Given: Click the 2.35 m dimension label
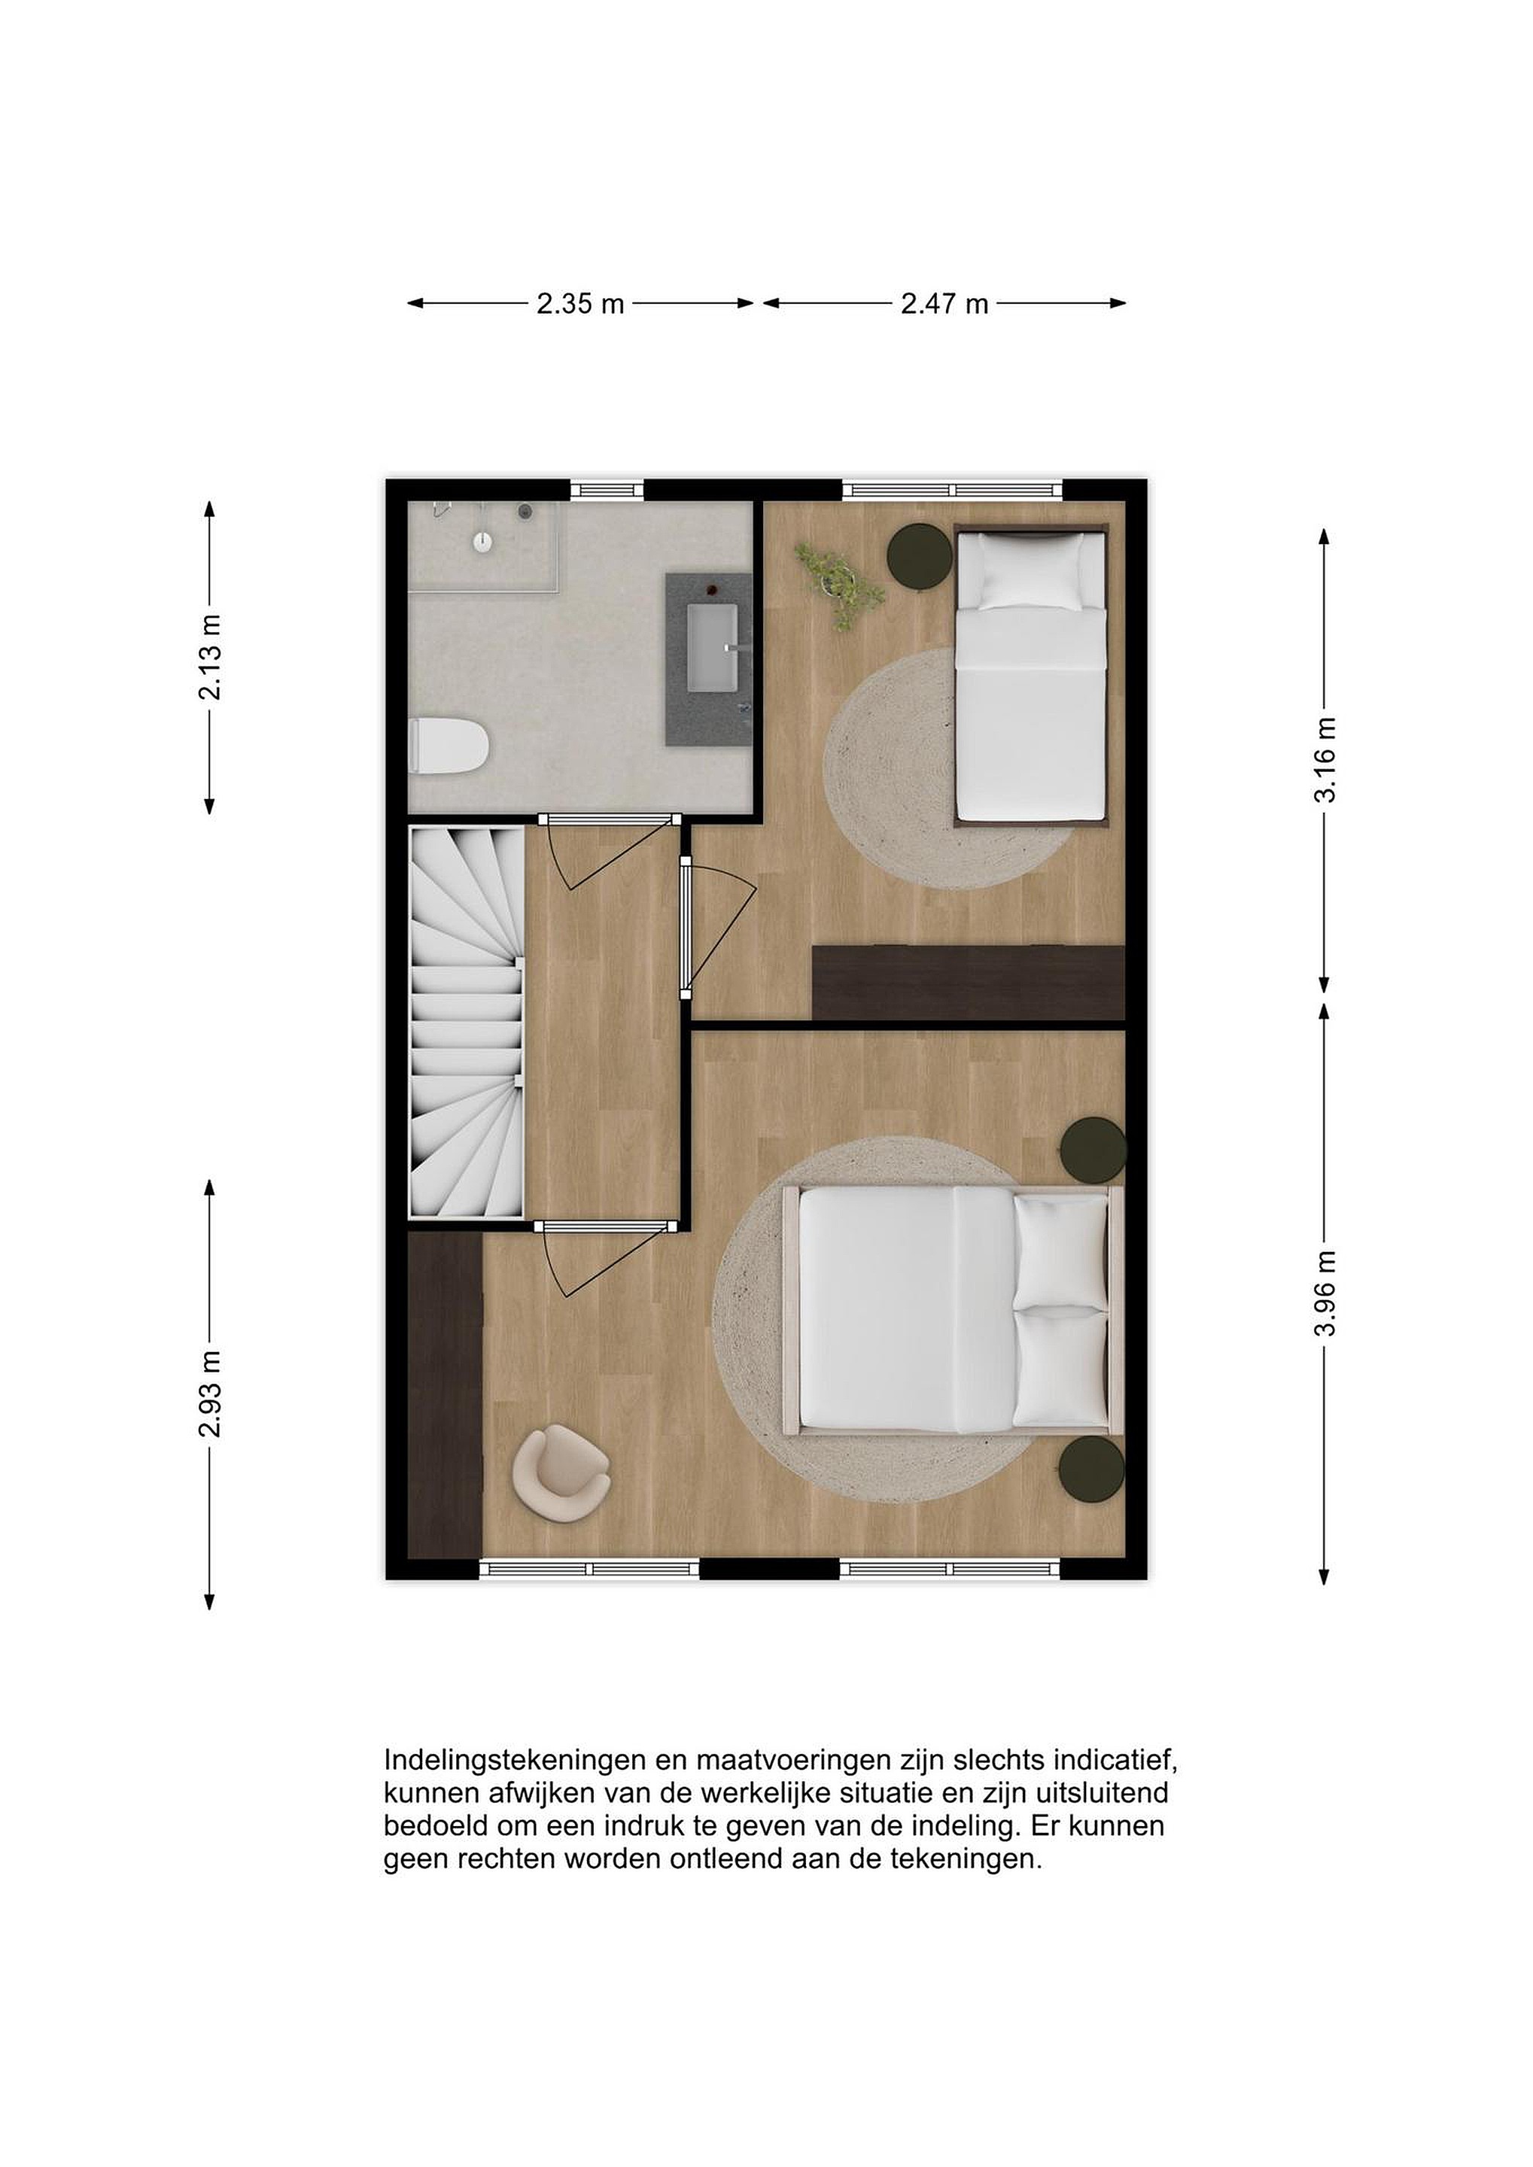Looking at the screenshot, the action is pos(580,304).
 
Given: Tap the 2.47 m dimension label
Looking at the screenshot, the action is pos(944,304).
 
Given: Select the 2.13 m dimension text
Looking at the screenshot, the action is pos(209,656).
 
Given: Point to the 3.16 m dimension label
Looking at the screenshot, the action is pos(1325,759).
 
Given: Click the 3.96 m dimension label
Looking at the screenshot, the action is pos(1325,1292).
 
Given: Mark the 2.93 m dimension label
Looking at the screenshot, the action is pos(209,1393).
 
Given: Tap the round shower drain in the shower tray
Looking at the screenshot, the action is pos(482,542).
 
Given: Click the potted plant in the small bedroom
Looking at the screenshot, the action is pos(838,583).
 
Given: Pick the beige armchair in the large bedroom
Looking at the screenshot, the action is pos(560,1473).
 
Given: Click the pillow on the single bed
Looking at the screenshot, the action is pos(1031,571).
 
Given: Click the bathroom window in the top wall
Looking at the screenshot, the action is pos(607,490).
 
